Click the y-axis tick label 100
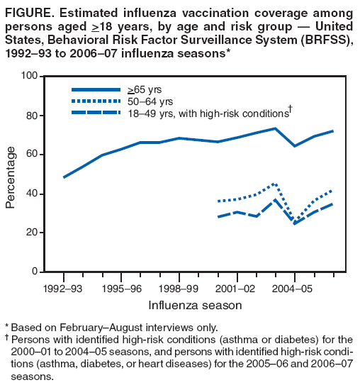coord(28,76)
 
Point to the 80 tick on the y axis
coord(31,116)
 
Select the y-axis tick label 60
coord(31,155)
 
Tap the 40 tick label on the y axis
coord(31,194)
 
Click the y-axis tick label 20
coord(31,233)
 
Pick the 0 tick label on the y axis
coord(34,272)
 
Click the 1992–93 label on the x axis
coord(64,289)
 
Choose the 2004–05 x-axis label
coord(294,289)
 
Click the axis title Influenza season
coord(195,305)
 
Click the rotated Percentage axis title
coord(11,177)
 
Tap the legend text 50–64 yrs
coord(145,101)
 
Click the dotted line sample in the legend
coord(97,101)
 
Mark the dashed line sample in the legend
coord(97,112)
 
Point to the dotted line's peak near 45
coord(274,184)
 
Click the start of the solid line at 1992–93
coord(64,177)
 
